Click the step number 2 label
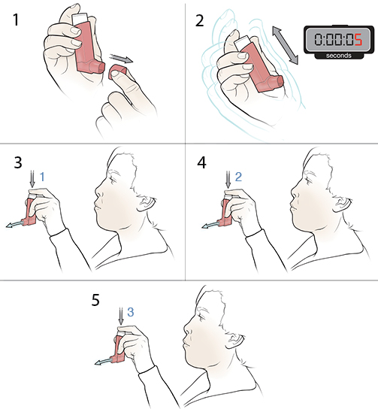(x=199, y=20)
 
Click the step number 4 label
(x=199, y=163)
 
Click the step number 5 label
(x=95, y=300)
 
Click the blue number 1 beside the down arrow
(x=44, y=176)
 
